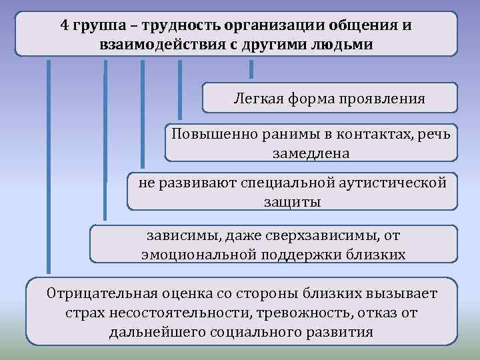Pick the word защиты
click(x=292, y=201)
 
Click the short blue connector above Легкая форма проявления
click(x=251, y=69)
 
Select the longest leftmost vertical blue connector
click(x=48, y=167)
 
